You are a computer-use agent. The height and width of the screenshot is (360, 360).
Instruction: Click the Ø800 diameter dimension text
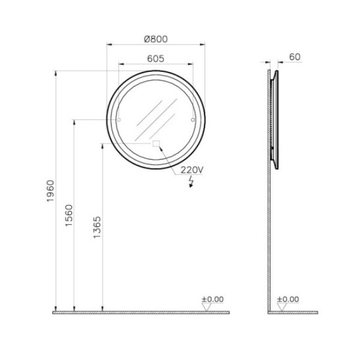pyautogui.click(x=156, y=39)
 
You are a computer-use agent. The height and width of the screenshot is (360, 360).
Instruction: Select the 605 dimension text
pyautogui.click(x=155, y=59)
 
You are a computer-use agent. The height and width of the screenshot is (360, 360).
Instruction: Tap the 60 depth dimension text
pyautogui.click(x=295, y=57)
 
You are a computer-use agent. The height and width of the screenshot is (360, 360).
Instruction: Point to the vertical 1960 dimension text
pyautogui.click(x=50, y=191)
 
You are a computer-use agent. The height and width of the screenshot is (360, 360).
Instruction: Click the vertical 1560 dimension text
pyautogui.click(x=69, y=215)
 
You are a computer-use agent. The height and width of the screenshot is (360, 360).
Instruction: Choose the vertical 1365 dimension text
pyautogui.click(x=97, y=227)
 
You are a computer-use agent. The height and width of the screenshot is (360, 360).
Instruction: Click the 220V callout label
pyautogui.click(x=192, y=170)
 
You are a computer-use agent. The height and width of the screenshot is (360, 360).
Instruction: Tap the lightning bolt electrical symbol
pyautogui.click(x=191, y=182)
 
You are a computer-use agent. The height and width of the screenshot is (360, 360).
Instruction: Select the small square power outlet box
pyautogui.click(x=156, y=144)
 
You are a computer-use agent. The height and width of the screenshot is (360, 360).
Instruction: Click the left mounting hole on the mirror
pyautogui.click(x=119, y=119)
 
